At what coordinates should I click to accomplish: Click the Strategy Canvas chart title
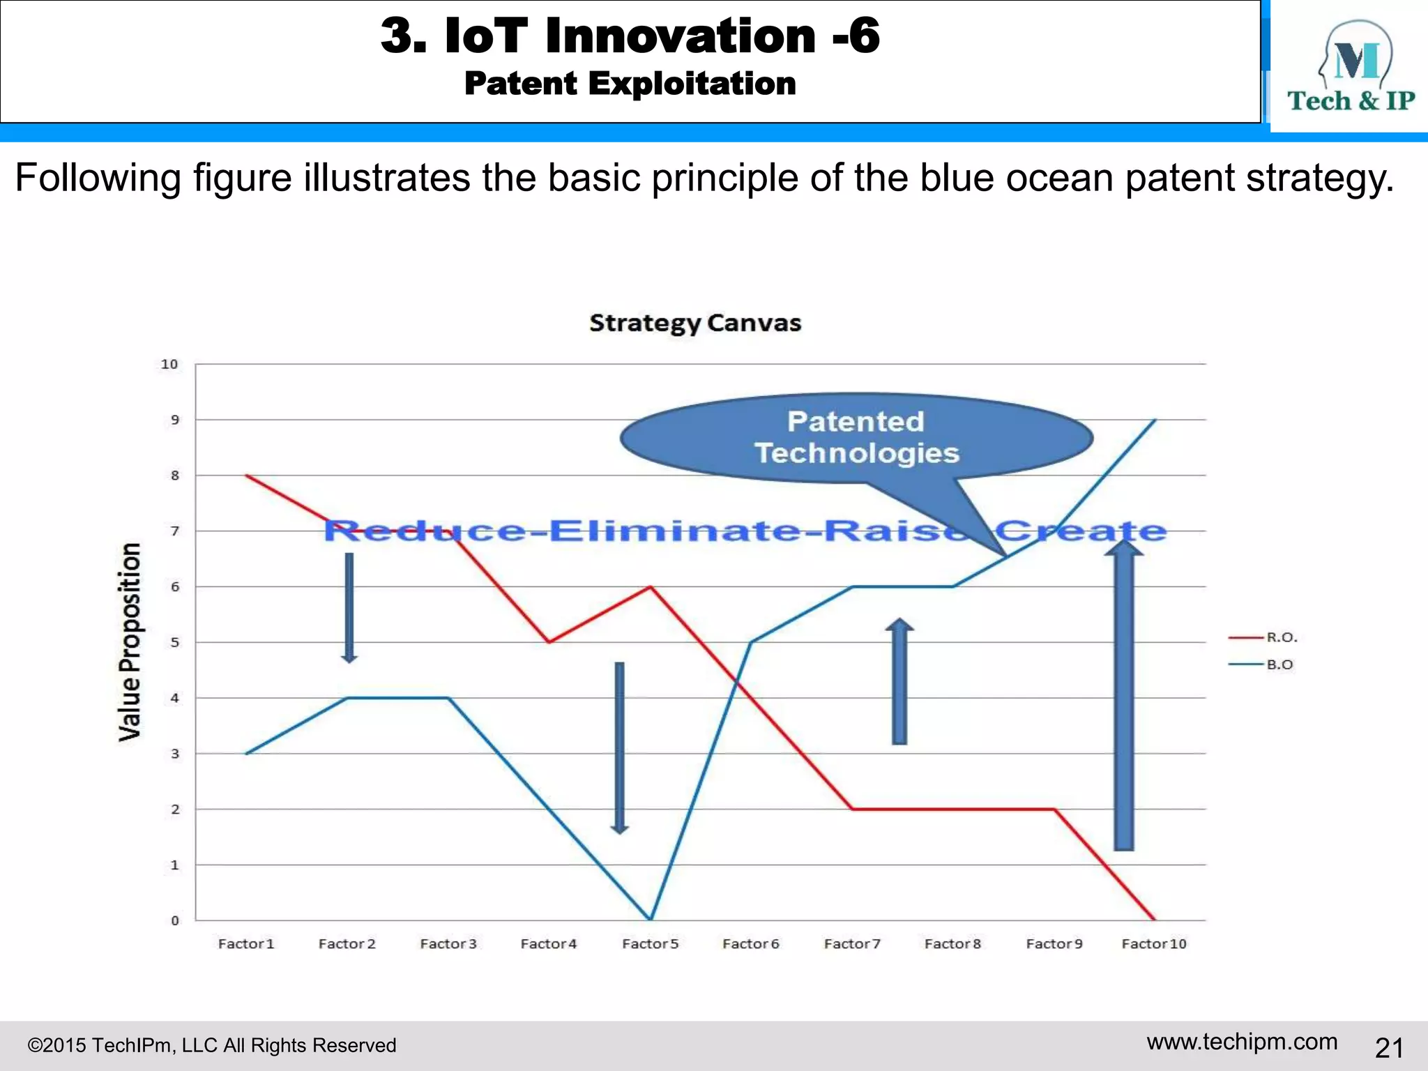695,323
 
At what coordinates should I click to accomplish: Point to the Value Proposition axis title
130,641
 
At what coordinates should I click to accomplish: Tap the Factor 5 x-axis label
650,943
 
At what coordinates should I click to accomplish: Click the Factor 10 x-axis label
1154,943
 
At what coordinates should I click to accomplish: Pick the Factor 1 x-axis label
246,943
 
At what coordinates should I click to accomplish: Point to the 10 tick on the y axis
169,364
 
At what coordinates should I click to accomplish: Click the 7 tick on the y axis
175,531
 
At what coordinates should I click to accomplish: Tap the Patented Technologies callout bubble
856,437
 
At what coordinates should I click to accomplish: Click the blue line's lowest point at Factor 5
651,919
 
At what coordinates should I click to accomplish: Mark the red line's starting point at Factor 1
247,476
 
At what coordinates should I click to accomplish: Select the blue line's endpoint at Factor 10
1155,420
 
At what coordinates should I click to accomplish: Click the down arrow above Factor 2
349,607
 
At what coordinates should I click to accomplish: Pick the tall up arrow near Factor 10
1123,697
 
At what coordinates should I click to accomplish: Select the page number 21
1389,1047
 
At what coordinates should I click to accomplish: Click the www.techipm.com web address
1242,1042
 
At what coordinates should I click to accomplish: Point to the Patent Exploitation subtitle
630,84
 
